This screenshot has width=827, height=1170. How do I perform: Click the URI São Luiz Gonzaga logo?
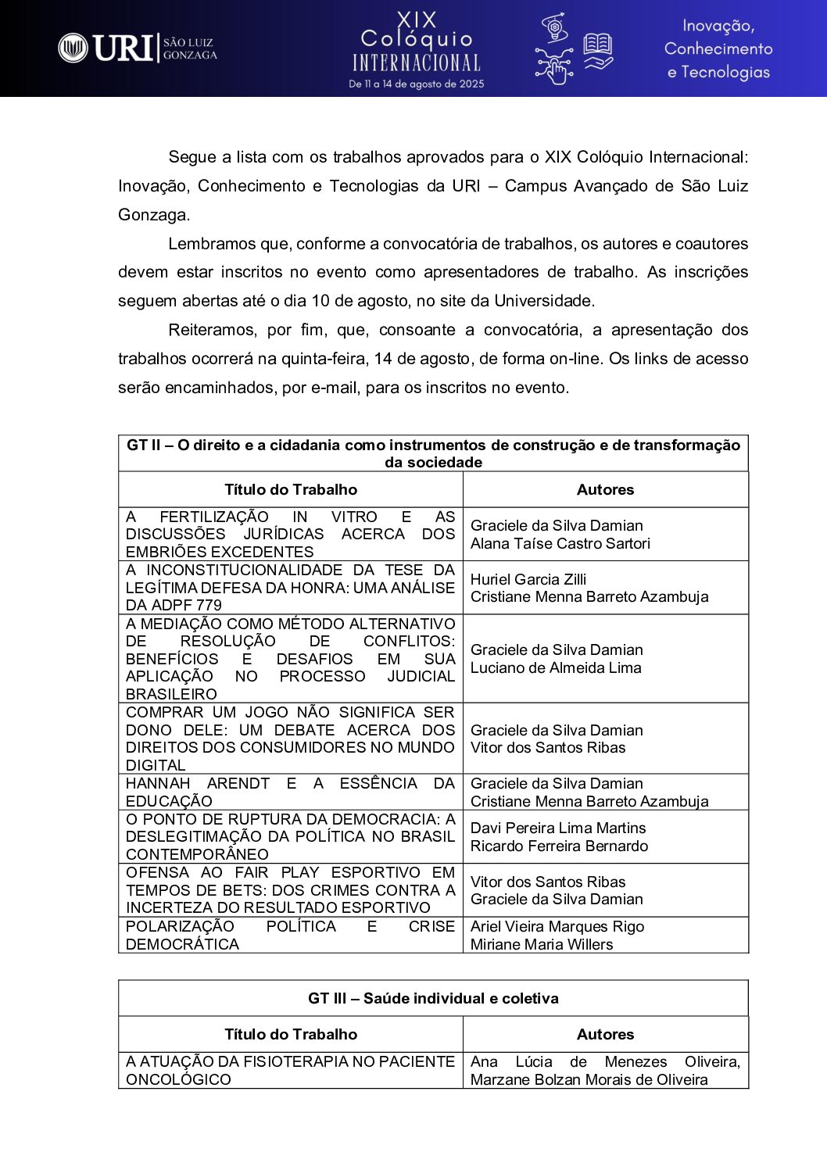(138, 48)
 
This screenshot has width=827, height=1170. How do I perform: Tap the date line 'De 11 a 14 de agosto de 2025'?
(416, 84)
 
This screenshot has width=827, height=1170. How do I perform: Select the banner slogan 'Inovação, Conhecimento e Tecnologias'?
(718, 48)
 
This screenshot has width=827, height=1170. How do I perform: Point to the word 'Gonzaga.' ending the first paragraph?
(154, 214)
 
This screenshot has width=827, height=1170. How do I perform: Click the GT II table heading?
(433, 453)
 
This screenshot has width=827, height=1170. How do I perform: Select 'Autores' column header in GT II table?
(605, 489)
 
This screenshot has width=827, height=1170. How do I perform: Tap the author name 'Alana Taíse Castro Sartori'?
(560, 543)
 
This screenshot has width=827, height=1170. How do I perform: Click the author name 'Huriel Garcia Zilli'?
(528, 579)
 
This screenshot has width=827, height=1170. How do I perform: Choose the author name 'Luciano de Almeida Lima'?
(556, 667)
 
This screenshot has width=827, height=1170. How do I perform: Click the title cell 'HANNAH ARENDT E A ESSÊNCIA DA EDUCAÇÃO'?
(290, 792)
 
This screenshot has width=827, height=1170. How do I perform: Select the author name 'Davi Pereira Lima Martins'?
(558, 828)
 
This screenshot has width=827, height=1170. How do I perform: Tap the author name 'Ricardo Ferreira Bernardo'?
(559, 846)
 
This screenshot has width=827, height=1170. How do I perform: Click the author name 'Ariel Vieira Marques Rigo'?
(557, 926)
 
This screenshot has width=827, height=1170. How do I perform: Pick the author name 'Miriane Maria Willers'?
(542, 944)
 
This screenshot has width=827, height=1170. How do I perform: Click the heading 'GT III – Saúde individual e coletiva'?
(433, 998)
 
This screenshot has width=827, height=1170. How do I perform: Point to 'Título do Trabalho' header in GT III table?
(291, 1034)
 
